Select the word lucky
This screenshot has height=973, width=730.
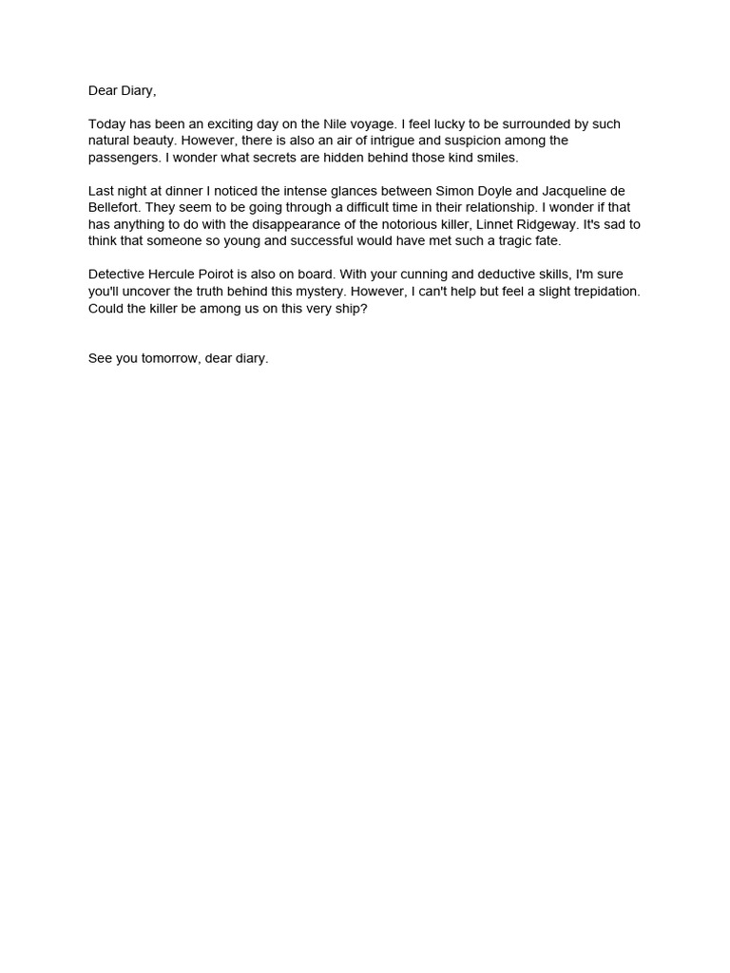click(455, 124)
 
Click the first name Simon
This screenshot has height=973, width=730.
click(454, 191)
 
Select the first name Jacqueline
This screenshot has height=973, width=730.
click(568, 191)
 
